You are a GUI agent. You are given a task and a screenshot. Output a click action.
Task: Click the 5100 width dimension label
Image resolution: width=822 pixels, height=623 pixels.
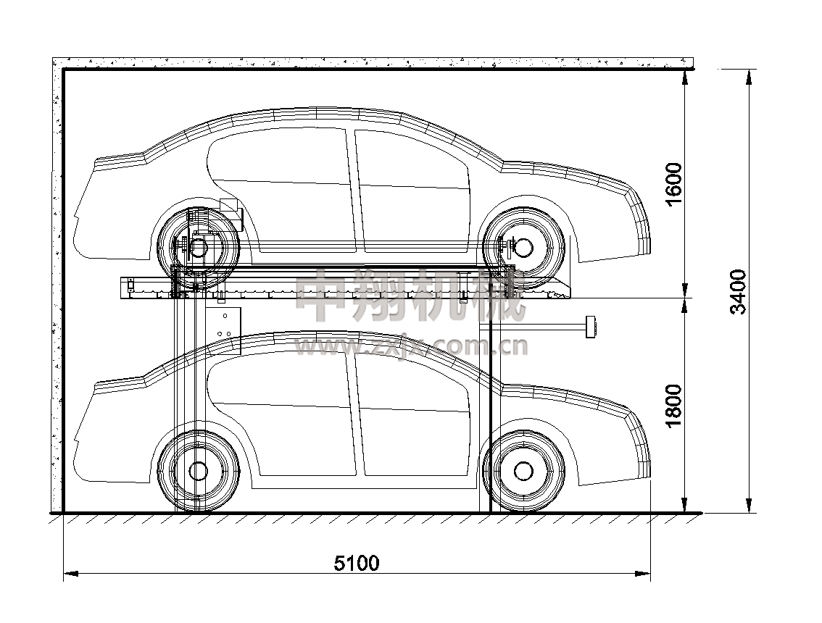pos(357,563)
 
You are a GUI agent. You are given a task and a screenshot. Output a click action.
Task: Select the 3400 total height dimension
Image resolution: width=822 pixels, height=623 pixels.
pos(738,291)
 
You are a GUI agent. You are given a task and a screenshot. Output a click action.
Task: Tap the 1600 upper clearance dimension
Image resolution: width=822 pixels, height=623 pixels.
pos(674,185)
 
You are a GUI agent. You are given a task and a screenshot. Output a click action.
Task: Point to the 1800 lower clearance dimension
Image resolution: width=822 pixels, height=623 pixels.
pos(674,406)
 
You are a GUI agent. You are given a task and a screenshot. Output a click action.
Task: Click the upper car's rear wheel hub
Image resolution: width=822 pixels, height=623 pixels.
pos(198,248)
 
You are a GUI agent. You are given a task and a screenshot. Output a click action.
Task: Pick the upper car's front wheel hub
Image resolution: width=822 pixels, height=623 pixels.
pos(523,247)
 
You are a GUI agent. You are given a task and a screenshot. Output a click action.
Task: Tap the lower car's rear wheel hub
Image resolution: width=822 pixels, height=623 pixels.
pos(198,471)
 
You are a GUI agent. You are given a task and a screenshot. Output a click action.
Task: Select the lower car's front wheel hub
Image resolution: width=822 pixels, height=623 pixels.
pos(523,471)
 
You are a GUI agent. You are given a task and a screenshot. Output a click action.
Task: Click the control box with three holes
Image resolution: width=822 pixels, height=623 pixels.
pos(223,330)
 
